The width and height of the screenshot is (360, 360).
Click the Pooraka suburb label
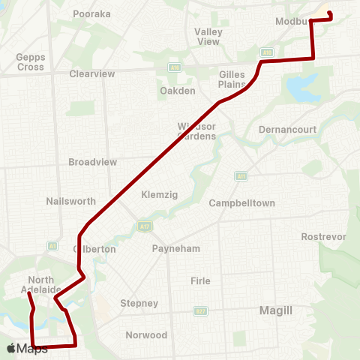(x=91, y=14)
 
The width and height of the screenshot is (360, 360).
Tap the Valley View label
(x=208, y=37)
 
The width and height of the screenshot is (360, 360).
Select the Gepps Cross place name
(x=31, y=62)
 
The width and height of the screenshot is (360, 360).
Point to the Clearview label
(x=91, y=74)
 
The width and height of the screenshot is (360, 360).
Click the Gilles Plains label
(x=232, y=79)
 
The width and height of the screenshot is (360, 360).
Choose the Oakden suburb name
(x=178, y=91)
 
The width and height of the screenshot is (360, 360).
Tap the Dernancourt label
(x=286, y=130)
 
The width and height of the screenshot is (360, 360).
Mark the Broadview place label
(x=93, y=162)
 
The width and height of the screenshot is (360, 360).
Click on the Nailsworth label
(x=70, y=201)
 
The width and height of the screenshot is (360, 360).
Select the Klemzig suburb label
(x=159, y=195)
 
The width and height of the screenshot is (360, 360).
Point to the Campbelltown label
(x=241, y=203)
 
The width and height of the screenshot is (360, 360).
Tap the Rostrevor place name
(x=323, y=236)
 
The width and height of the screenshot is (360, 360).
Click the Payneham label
(x=173, y=248)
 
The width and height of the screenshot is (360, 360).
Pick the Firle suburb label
(x=200, y=280)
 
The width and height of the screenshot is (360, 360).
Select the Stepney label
(x=139, y=304)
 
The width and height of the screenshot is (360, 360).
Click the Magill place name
(x=274, y=310)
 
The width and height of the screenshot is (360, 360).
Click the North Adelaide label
(x=37, y=285)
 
